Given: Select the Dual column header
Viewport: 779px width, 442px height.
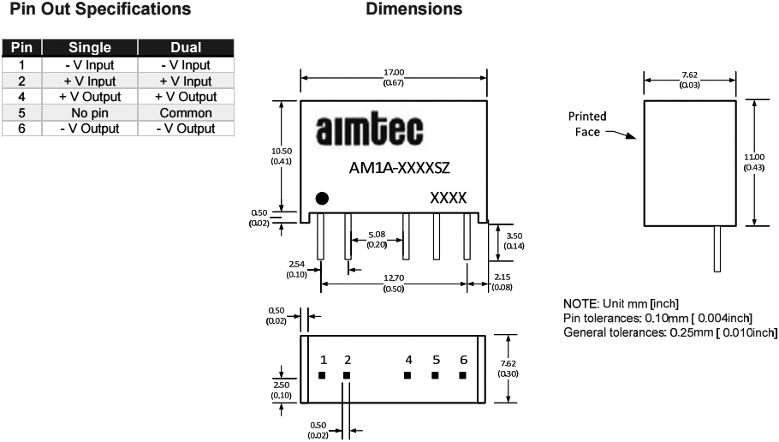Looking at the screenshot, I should [186, 49].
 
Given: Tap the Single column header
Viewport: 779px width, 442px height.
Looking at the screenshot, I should [90, 49].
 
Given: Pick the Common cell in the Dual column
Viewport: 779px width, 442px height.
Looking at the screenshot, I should [186, 112].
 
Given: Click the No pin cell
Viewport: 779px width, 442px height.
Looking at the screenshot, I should [90, 112].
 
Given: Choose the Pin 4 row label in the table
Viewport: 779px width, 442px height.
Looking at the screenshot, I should [22, 97].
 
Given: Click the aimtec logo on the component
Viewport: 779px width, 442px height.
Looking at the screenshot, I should [370, 133].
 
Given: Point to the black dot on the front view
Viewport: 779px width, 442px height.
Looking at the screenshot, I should [322, 199].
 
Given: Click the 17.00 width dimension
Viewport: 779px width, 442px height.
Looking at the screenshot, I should [394, 73].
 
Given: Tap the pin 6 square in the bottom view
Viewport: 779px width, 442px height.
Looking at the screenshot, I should [463, 375].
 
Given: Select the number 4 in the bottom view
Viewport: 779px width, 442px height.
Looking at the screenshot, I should [408, 360].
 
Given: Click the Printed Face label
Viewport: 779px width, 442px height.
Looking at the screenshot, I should [586, 122].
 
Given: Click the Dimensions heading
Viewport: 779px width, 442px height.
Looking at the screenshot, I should [414, 9].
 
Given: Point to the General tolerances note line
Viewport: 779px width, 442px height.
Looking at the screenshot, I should [670, 332].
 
